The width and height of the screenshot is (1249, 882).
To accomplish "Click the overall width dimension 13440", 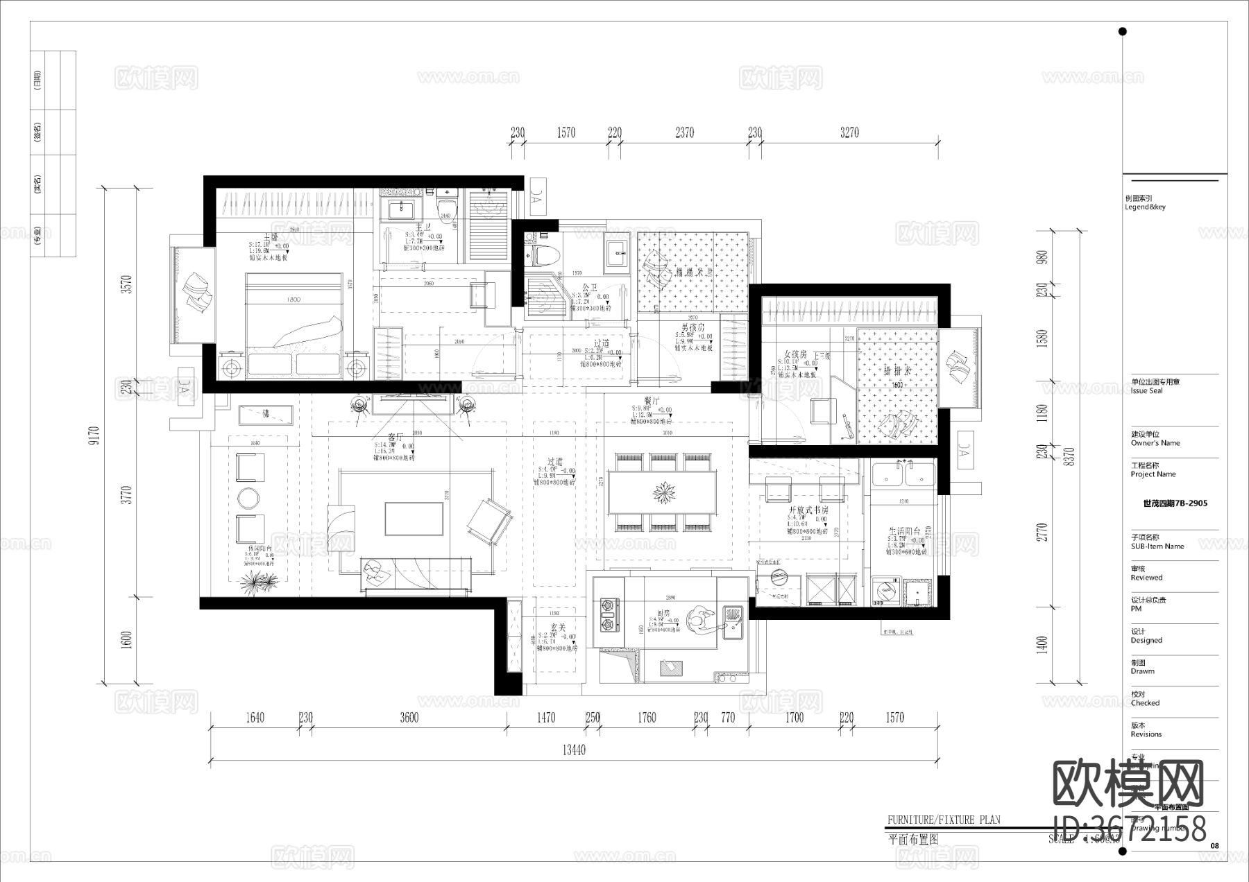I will pyautogui.click(x=573, y=750).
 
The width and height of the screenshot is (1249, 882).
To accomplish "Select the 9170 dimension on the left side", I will pyautogui.click(x=94, y=435).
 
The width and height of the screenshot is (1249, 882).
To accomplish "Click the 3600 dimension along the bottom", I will pyautogui.click(x=409, y=718).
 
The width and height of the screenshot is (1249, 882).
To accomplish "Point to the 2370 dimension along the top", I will pyautogui.click(x=684, y=132).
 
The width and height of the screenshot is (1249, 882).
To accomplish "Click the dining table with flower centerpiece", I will pyautogui.click(x=664, y=493).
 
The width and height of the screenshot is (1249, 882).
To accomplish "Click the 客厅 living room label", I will pyautogui.click(x=396, y=438).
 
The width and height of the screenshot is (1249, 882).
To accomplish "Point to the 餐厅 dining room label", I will pyautogui.click(x=651, y=401).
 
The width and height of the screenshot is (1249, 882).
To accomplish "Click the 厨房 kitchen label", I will pyautogui.click(x=663, y=614).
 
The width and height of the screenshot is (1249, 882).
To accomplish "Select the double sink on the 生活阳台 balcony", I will pyautogui.click(x=903, y=476).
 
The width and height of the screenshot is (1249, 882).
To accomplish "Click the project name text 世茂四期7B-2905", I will pyautogui.click(x=1175, y=503).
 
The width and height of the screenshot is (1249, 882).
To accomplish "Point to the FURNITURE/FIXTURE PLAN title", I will pyautogui.click(x=944, y=820).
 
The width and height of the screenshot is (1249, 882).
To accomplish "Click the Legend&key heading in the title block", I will pyautogui.click(x=1145, y=207).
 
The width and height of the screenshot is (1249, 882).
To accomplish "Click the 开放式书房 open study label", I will pyautogui.click(x=808, y=510).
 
